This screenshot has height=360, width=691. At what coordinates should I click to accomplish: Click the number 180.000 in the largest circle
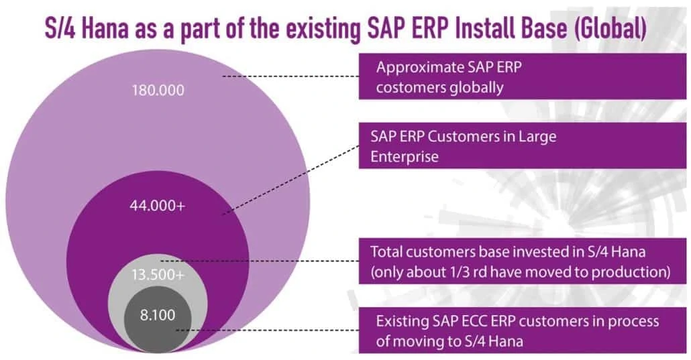coord(157,89)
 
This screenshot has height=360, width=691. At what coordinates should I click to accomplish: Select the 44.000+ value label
coord(157,206)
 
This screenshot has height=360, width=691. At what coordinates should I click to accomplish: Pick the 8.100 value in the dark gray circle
coord(158,312)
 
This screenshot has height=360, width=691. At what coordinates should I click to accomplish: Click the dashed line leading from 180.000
coord(288,77)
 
